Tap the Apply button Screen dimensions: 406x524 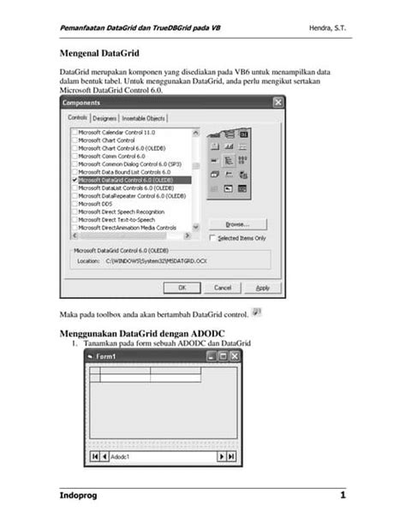pos(263,287)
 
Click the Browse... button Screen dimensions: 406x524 pos(238,224)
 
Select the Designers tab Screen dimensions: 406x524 pos(104,118)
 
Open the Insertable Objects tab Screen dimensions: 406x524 pos(143,118)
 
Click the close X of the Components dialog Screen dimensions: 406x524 pos(278,102)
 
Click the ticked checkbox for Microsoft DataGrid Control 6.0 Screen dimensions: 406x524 pos(74,181)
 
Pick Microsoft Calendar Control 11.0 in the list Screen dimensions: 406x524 pos(116,133)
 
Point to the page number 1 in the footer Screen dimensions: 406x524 pos(343,496)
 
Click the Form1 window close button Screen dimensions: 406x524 pos(232,355)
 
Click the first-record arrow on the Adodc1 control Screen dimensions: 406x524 pos(94,456)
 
